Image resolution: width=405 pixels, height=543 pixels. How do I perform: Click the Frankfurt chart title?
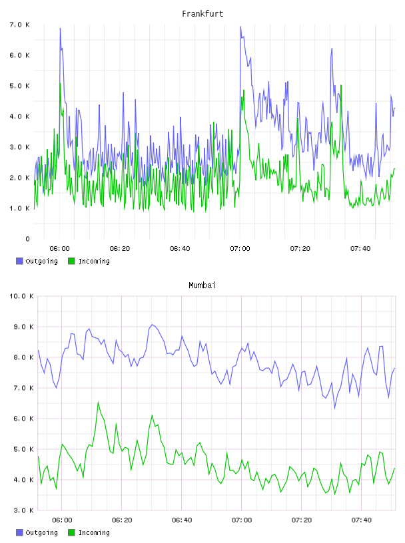tap(202, 14)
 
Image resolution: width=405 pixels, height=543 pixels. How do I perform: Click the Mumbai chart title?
tap(202, 285)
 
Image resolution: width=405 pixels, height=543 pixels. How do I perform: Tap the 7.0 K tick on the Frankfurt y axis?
tap(20, 25)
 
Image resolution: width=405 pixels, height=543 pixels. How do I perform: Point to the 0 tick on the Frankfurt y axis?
tap(27, 239)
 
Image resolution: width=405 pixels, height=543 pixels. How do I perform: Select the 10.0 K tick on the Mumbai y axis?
tap(21, 296)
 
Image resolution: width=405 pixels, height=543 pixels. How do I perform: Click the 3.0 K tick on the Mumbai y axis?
tap(23, 510)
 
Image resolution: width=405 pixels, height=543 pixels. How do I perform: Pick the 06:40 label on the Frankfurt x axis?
tap(180, 249)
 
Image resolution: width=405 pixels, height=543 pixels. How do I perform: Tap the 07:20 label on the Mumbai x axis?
tap(301, 520)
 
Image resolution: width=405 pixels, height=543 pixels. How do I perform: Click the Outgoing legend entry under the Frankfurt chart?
tap(37, 261)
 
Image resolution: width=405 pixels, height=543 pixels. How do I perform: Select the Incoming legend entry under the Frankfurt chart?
tap(89, 261)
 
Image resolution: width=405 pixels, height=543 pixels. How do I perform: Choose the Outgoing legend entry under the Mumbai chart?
tap(37, 532)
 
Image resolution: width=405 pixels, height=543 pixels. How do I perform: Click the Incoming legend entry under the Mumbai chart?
tap(89, 532)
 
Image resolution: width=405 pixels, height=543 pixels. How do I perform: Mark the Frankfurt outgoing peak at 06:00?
tap(60, 29)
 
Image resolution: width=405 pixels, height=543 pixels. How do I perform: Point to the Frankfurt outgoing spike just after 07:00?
tap(240, 27)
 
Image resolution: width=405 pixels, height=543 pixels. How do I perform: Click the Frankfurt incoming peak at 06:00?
tap(60, 83)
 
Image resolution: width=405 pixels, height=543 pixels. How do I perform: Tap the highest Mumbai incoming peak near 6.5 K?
tap(98, 402)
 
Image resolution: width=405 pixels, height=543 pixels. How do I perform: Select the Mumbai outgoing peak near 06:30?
tap(152, 325)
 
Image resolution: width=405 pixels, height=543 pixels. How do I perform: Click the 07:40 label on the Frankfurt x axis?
tap(360, 249)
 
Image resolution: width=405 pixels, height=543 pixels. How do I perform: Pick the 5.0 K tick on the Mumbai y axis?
tap(23, 449)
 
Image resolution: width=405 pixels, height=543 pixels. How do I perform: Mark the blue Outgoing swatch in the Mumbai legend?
tap(19, 532)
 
